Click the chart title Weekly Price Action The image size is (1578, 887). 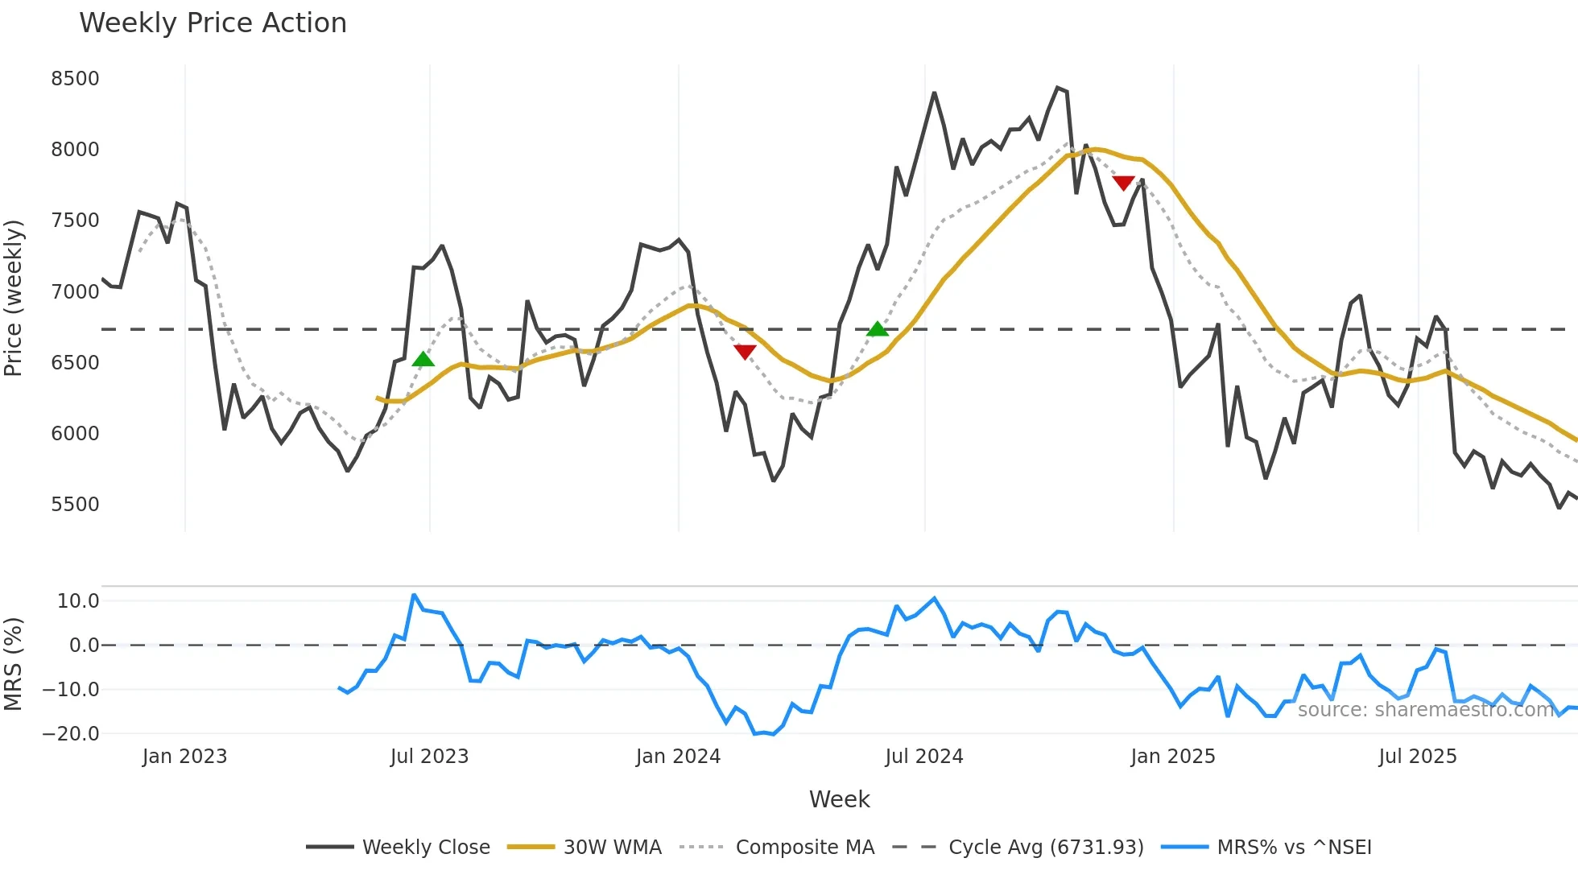click(213, 23)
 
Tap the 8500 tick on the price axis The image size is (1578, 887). click(75, 79)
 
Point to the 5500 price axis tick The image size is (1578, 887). click(75, 505)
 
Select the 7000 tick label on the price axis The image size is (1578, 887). click(75, 292)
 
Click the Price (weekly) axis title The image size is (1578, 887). click(14, 298)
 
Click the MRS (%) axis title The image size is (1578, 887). click(14, 664)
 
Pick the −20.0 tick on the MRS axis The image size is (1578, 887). click(71, 734)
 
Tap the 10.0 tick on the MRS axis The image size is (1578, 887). click(78, 601)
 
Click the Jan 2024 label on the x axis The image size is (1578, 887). click(678, 757)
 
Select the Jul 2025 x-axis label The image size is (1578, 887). click(1418, 757)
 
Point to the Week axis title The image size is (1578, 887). click(839, 799)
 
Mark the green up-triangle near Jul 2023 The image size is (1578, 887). click(423, 359)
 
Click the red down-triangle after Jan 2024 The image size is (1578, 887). click(746, 352)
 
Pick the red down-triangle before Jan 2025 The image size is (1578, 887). click(1124, 184)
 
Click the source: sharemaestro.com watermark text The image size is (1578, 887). click(1425, 710)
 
